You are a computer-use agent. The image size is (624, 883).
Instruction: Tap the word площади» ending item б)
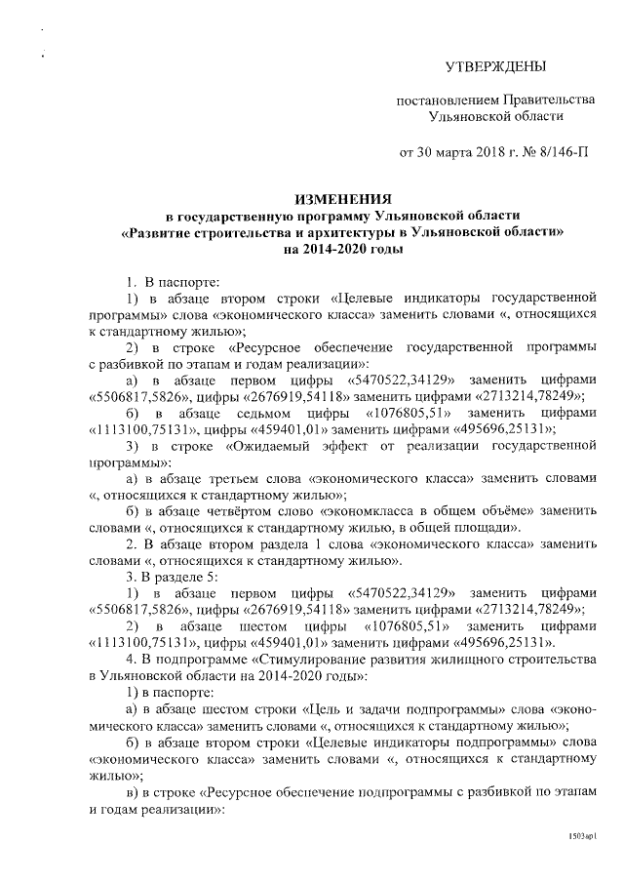tap(492, 528)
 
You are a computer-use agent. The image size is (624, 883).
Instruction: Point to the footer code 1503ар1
tap(580, 836)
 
